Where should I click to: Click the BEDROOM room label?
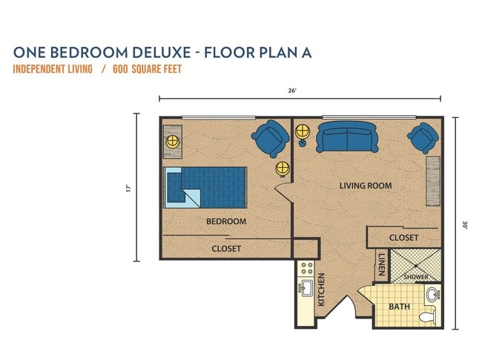pos(226,221)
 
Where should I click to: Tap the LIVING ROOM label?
pos(366,186)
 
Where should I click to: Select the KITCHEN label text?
pos(322,290)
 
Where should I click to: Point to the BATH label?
pos(399,307)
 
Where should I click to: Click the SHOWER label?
pos(416,277)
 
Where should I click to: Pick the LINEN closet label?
pos(381,264)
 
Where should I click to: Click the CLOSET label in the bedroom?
pos(226,249)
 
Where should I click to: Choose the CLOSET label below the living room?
pos(403,238)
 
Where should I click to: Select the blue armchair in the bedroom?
pos(270,139)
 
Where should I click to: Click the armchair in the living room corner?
pos(423,137)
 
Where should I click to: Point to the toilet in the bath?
pos(426,318)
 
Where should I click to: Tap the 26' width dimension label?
pos(293,91)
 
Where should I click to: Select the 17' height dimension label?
pos(128,188)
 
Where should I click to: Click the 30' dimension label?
pos(464,223)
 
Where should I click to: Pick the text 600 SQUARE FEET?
pos(148,70)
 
